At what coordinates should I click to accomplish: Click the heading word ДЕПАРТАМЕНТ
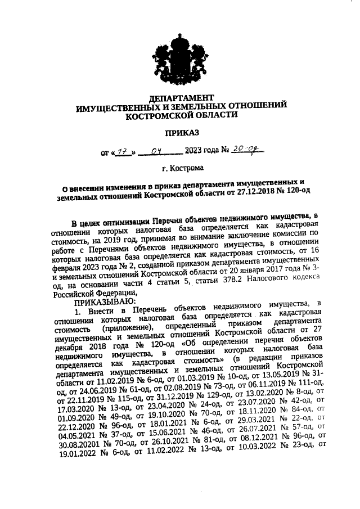[181, 97]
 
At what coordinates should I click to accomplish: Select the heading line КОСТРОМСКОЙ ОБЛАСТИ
[181, 114]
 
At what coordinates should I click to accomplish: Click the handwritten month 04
[159, 151]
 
